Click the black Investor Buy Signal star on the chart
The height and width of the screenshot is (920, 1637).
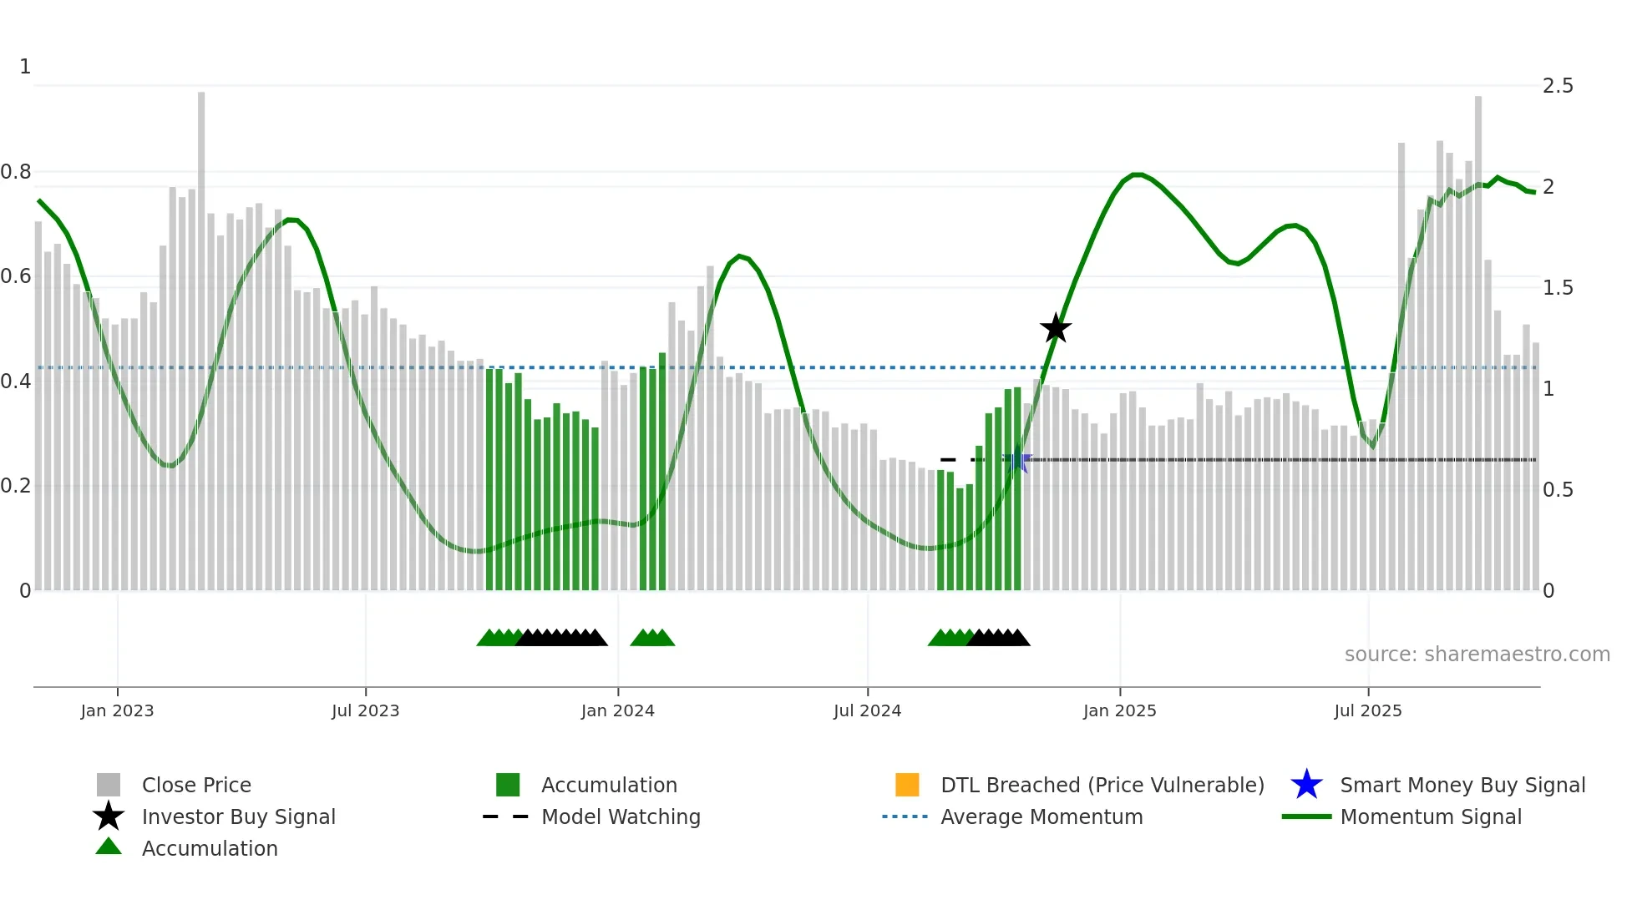tap(1056, 328)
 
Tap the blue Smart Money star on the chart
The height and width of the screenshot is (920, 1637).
tap(1017, 461)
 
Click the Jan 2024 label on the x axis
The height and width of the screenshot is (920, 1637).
tap(617, 710)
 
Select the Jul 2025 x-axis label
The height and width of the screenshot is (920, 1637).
tap(1367, 710)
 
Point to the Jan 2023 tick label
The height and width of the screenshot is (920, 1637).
tap(117, 710)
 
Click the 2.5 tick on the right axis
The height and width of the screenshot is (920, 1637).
tap(1558, 86)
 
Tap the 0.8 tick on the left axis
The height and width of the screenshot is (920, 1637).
tap(17, 172)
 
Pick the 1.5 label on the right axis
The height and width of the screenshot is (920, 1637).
tap(1558, 288)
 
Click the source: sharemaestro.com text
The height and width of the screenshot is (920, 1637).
tap(1477, 655)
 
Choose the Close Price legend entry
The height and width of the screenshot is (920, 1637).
tap(196, 785)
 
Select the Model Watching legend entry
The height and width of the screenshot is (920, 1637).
tap(621, 816)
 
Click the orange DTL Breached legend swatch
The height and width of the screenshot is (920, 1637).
tap(907, 785)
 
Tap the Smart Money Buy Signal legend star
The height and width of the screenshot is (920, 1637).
tap(1306, 785)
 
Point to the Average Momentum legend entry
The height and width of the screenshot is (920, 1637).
tap(1041, 816)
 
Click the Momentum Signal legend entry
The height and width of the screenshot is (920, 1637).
tap(1431, 816)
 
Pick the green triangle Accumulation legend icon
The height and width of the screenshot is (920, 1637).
tap(109, 847)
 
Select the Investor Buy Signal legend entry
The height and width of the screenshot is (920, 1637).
tap(238, 816)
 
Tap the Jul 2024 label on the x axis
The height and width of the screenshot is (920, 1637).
tap(867, 710)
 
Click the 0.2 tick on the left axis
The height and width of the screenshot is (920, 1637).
tap(17, 486)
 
